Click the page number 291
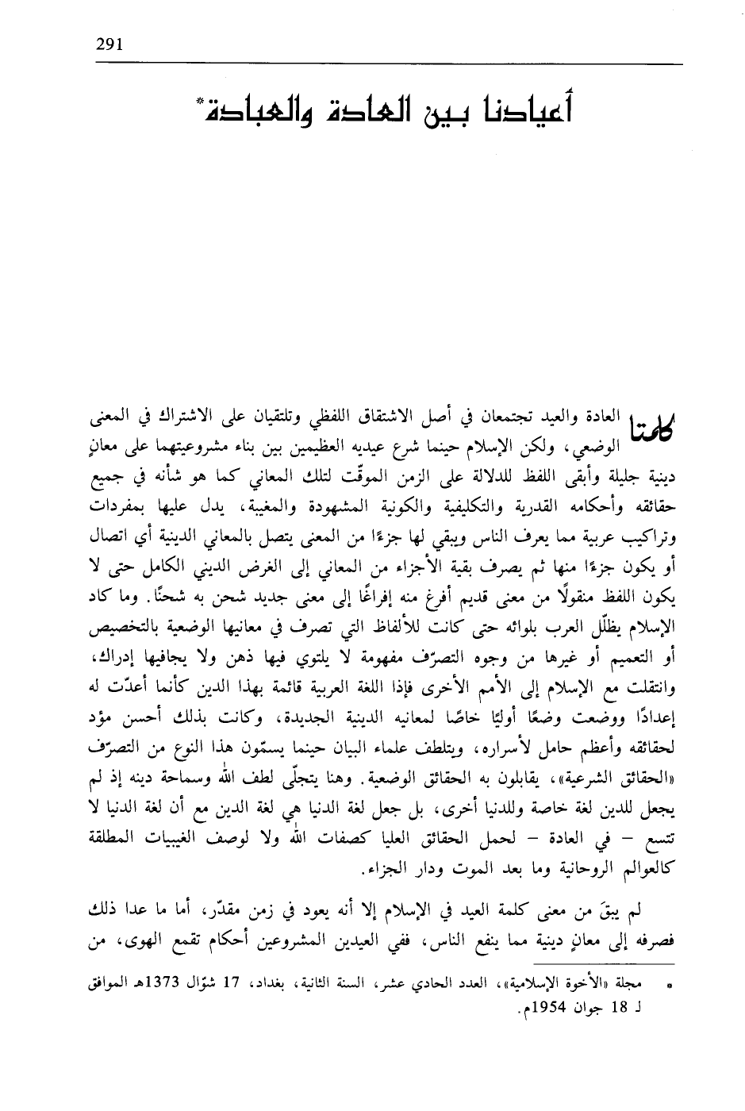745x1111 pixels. click(106, 44)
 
